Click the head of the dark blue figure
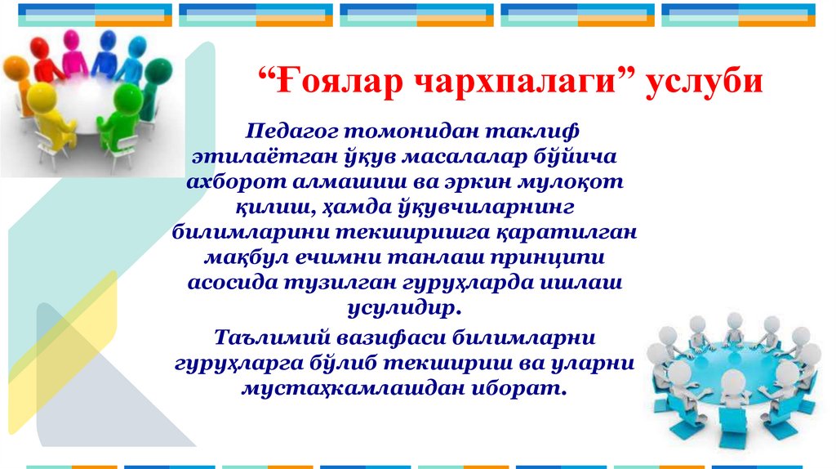point(106,40)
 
